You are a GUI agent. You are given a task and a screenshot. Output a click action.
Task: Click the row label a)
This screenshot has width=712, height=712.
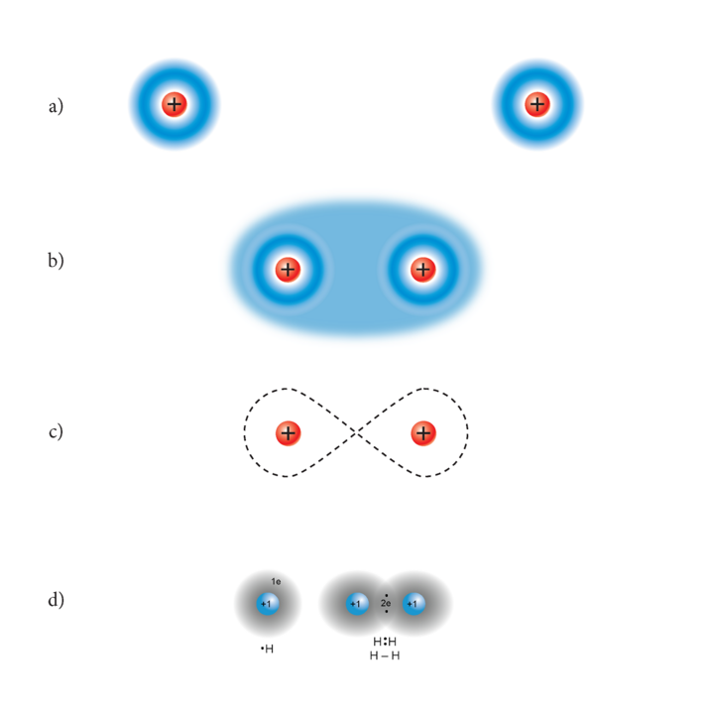coord(56,105)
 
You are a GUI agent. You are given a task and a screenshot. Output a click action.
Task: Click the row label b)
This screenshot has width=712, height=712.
coord(56,263)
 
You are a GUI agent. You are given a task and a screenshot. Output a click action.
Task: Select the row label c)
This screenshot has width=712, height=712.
coord(56,432)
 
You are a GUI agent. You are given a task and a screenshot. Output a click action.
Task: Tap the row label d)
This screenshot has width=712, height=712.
coord(56,600)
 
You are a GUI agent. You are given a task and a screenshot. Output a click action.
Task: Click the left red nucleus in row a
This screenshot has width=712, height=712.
coord(175,104)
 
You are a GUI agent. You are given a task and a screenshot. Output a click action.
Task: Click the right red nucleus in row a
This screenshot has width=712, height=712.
coord(537,104)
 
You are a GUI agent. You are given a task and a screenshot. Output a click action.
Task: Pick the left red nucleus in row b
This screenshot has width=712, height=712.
coord(288,269)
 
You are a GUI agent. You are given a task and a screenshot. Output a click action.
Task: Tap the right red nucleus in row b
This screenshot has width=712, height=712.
coord(423,269)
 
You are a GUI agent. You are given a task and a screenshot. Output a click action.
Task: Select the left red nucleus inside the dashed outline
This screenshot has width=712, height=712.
coord(288,433)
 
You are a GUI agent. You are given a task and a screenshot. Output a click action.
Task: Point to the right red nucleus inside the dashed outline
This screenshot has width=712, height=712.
coord(423,433)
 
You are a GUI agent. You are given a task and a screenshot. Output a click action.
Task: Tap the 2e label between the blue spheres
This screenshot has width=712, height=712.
coord(386,603)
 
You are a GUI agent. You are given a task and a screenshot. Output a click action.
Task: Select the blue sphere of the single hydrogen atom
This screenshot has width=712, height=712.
coord(267,604)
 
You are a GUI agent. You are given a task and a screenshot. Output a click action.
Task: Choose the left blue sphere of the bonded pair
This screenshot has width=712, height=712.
coord(356,603)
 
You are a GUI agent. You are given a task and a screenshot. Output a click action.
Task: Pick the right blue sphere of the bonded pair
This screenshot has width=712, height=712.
coord(415,603)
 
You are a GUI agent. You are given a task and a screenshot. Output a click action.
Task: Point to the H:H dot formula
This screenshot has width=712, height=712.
coord(385,642)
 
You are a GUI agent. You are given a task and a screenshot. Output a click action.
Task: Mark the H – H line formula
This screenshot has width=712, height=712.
coord(385,655)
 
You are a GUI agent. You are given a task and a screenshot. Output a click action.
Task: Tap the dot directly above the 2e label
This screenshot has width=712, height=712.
coord(386,594)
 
